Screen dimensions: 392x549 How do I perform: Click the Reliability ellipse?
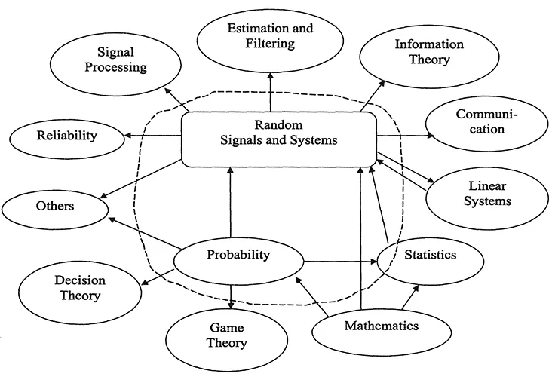(x=66, y=136)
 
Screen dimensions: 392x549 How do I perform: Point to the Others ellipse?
(x=55, y=206)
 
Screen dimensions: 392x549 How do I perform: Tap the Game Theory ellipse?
(x=226, y=335)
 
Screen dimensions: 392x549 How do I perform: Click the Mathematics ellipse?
(x=380, y=327)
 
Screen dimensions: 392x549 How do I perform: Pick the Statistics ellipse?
(x=429, y=256)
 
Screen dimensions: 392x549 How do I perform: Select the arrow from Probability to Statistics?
(x=339, y=262)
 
